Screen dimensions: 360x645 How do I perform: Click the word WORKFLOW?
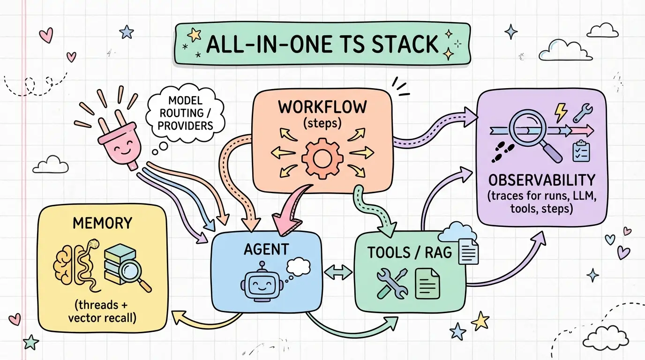coord(322,107)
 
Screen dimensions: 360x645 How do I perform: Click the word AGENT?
coord(266,249)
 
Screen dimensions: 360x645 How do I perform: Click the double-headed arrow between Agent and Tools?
coord(338,272)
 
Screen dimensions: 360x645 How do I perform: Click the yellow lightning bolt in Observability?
coord(561,112)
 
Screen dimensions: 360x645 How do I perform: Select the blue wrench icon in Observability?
coord(583,113)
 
